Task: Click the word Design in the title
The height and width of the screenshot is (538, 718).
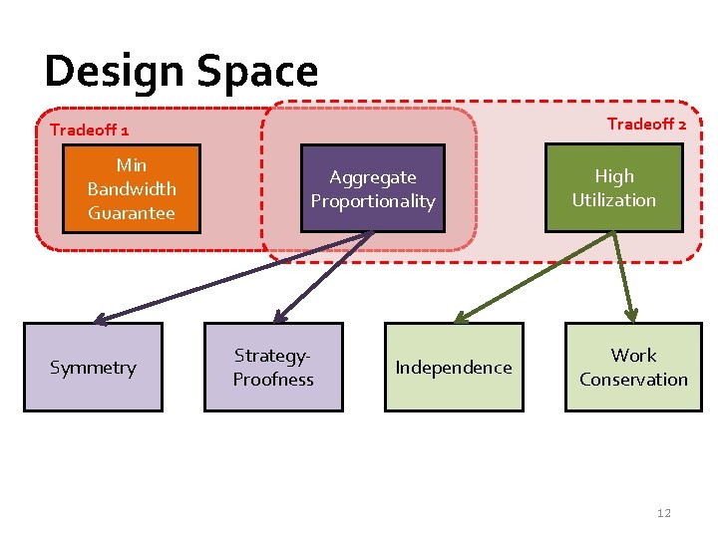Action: pos(115,71)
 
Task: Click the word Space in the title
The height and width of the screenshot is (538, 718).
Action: pos(257,71)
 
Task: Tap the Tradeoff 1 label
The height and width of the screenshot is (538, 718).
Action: pos(89,130)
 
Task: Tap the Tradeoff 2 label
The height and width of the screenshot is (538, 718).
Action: pos(646,125)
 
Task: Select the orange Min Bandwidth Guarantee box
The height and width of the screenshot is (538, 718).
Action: pos(132,189)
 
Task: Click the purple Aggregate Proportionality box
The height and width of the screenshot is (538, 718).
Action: pos(373,189)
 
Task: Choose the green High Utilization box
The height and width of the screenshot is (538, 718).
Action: pos(613,188)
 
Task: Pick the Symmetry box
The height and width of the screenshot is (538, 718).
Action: pos(93,368)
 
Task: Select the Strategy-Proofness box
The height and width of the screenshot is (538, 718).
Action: pos(273,368)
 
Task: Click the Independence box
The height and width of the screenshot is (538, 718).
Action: pos(454,368)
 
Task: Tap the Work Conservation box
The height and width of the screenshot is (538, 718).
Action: pos(633,368)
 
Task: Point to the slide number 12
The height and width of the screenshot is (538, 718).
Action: pos(664,513)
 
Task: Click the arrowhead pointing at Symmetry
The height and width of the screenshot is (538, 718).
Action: pos(99,320)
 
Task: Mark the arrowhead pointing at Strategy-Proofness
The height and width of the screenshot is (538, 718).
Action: pos(280,317)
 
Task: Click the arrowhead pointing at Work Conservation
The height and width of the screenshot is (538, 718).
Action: pos(631,315)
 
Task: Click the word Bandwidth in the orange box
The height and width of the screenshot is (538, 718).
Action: pos(132,189)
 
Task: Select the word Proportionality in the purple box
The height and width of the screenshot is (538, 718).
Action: pos(373,201)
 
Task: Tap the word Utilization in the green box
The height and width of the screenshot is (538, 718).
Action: pos(613,200)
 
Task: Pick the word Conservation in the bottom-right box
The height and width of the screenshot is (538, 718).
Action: pos(633,380)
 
